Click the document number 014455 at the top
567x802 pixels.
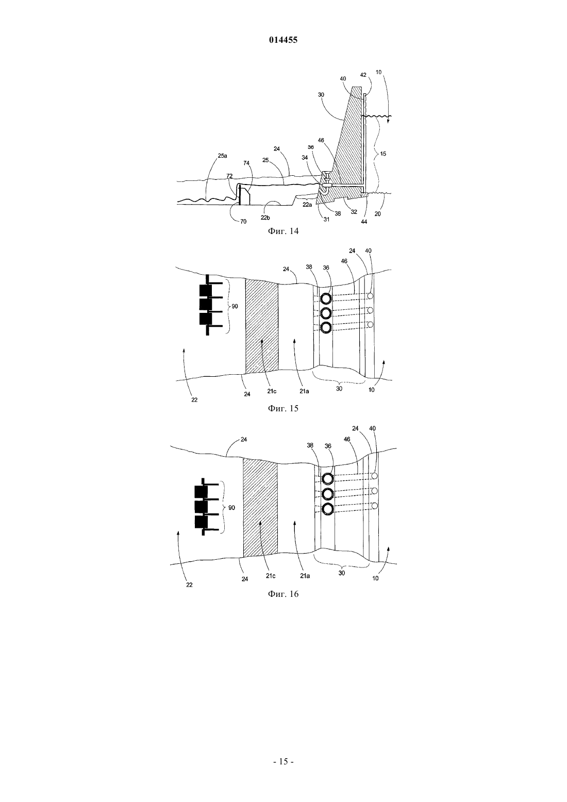pyautogui.click(x=283, y=40)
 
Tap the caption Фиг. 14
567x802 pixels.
pyautogui.click(x=283, y=231)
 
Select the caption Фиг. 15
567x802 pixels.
pyautogui.click(x=283, y=409)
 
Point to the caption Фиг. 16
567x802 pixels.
pyautogui.click(x=283, y=594)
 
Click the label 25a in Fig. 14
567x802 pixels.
pyautogui.click(x=222, y=156)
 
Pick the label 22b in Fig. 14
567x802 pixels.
pyautogui.click(x=265, y=218)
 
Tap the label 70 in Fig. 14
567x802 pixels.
pyautogui.click(x=243, y=222)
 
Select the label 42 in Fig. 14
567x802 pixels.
pyautogui.click(x=363, y=75)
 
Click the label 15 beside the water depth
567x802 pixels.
pyautogui.click(x=383, y=154)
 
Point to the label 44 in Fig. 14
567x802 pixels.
pyautogui.click(x=364, y=222)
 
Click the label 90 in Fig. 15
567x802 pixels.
pyautogui.click(x=235, y=307)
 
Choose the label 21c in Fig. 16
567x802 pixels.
pyautogui.click(x=271, y=576)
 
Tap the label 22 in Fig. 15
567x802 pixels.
pyautogui.click(x=194, y=400)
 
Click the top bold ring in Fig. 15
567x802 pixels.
pyautogui.click(x=326, y=298)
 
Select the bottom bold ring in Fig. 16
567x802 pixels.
pyautogui.click(x=328, y=509)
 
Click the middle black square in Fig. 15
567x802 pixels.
pyautogui.click(x=206, y=304)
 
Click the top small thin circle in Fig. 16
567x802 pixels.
pyautogui.click(x=375, y=476)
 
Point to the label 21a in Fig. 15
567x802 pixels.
pyautogui.click(x=305, y=391)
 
